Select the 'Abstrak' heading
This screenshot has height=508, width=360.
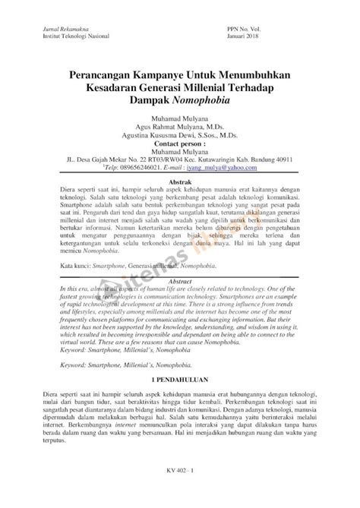(179, 183)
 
